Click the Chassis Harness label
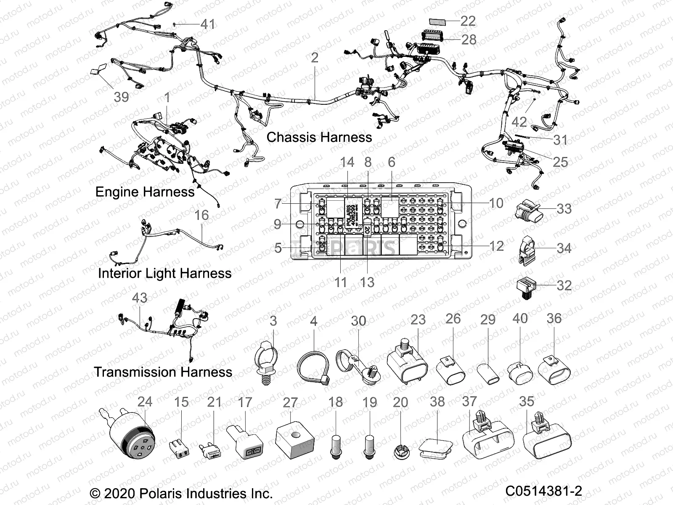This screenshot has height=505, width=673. tap(319, 137)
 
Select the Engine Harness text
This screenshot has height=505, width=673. tap(145, 192)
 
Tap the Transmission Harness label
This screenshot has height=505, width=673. tap(163, 372)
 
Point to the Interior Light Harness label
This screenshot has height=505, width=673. tap(164, 273)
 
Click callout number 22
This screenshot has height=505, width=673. tap(468, 21)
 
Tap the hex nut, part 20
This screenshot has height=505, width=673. tap(400, 453)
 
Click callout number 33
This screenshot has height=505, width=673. tap(564, 208)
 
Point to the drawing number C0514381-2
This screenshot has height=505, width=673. tap(543, 491)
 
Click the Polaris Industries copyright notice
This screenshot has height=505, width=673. tap(181, 493)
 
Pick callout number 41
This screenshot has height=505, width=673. tap(207, 24)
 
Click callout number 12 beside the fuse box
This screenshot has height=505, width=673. tap(496, 246)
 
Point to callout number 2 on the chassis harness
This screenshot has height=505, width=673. tap(315, 58)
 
